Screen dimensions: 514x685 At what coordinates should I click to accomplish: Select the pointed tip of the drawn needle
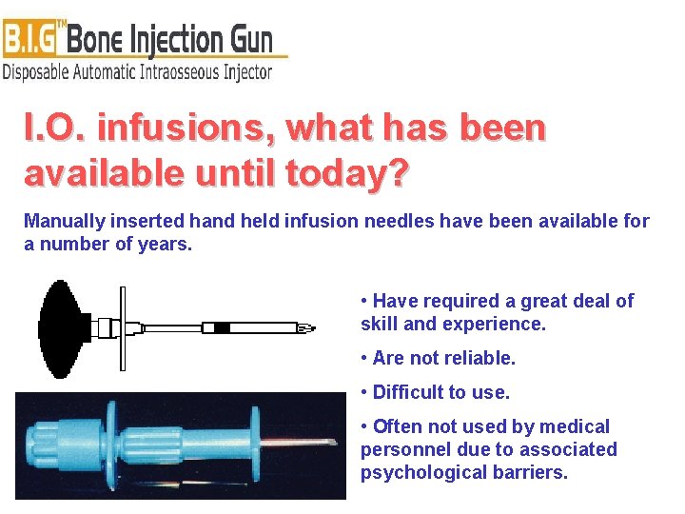(306, 328)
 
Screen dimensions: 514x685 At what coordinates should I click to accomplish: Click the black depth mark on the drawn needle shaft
(222, 328)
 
